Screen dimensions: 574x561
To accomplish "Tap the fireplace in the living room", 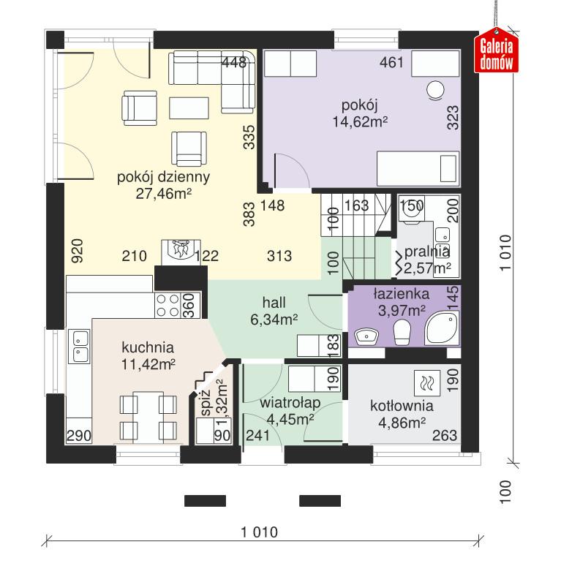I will tap(177, 251).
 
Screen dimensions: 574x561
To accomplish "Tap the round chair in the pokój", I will tap(435, 90).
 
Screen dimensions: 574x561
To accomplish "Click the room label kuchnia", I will tap(148, 347).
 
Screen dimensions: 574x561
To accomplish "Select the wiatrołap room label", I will tap(290, 404).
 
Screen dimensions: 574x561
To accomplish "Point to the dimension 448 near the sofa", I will tap(233, 63).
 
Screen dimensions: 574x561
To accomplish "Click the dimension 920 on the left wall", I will tap(78, 250).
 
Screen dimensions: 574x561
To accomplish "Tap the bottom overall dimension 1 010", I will tap(259, 532).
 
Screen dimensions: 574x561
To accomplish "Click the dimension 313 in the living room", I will tap(279, 256).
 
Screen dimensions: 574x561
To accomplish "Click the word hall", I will tap(274, 302).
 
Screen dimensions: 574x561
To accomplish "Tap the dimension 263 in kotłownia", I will tap(445, 436).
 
